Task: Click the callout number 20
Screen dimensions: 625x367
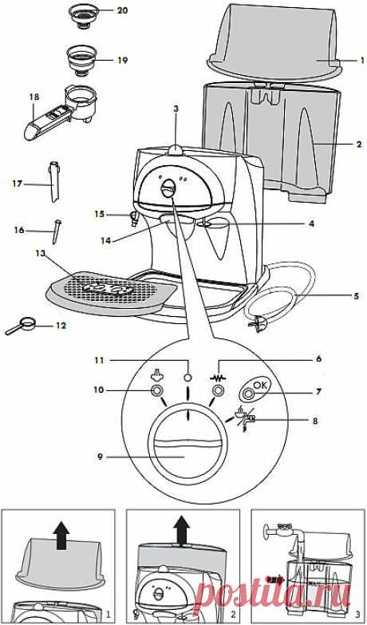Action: (x=121, y=10)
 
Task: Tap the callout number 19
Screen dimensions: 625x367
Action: (x=122, y=60)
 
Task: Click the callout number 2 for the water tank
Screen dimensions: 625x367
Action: (x=360, y=145)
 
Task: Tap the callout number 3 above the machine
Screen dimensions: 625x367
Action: (x=176, y=108)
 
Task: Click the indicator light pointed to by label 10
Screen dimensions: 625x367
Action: (x=156, y=390)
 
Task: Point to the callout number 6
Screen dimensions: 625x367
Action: (x=318, y=359)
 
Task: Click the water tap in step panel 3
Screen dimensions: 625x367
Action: (x=276, y=532)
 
